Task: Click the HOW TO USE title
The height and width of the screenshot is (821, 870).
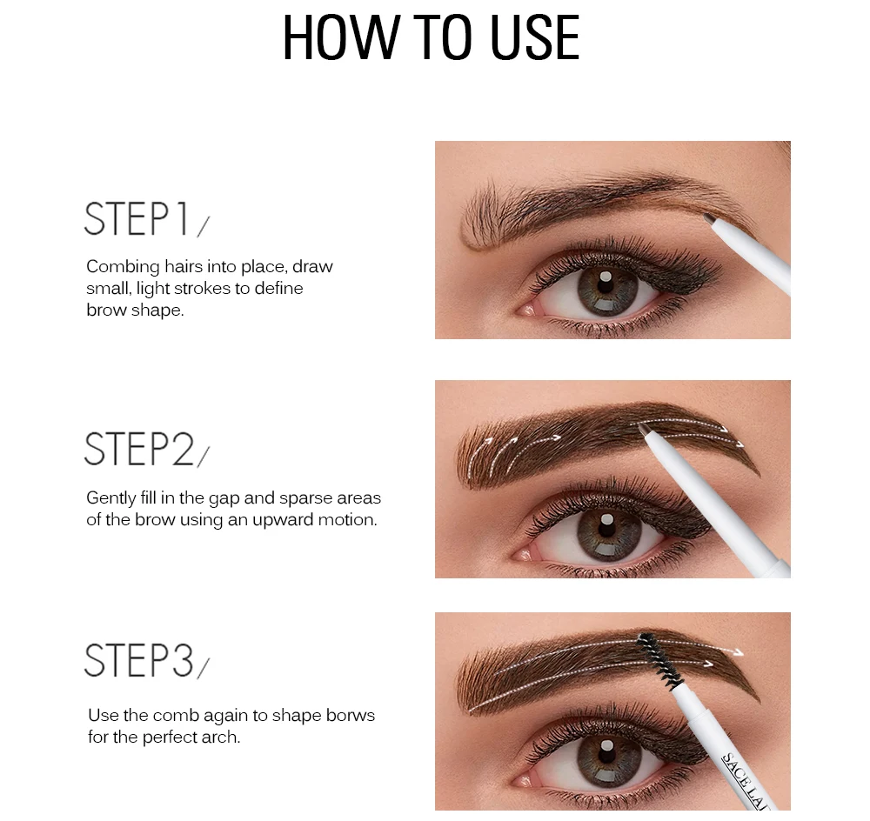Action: coord(432,37)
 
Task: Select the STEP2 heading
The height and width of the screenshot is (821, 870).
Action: coord(139,449)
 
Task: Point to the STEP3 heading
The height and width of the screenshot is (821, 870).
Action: coord(139,660)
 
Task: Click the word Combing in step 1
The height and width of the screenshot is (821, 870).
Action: coord(124,267)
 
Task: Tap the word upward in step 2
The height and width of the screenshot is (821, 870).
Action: coord(283,520)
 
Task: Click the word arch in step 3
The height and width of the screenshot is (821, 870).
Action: coord(226,738)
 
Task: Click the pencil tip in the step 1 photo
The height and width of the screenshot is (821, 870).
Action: coord(708,218)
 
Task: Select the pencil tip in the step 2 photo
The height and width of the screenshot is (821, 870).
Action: coord(644,430)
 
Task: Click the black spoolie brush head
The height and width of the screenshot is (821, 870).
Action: coord(659,660)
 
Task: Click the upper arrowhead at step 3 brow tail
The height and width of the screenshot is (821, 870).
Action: coord(737,651)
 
